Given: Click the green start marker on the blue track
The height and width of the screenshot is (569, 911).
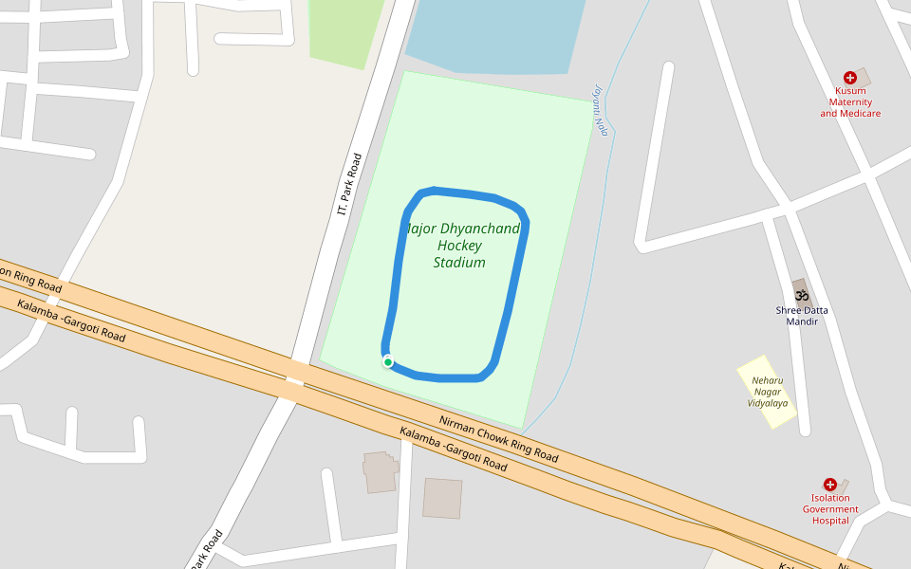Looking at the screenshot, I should pos(388,361).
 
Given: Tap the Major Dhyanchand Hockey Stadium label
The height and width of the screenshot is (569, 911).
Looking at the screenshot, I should pos(461,246).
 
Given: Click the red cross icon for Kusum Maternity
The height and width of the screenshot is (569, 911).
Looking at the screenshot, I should pos(849,78).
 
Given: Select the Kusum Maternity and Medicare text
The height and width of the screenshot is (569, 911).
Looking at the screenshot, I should pos(850,102).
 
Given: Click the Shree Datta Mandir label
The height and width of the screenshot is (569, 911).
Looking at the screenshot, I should pos(802,316).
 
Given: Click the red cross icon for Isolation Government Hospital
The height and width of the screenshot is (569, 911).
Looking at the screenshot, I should pos(830,485).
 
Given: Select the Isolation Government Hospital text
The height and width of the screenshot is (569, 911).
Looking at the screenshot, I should pos(830,509).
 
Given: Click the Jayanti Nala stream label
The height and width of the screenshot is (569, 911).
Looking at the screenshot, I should pos(600,109).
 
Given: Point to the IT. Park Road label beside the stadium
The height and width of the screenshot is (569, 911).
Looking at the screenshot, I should pos(349,183).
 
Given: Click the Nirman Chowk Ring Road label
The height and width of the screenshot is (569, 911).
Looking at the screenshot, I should pos(498,438).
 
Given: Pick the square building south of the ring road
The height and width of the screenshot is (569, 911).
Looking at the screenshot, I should pos(442,498).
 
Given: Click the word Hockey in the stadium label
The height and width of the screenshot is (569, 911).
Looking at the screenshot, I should pos(460,246).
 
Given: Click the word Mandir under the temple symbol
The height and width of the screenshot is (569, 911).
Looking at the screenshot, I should pos(802,322).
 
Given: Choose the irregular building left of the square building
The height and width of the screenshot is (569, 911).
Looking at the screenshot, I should pos(381,471).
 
